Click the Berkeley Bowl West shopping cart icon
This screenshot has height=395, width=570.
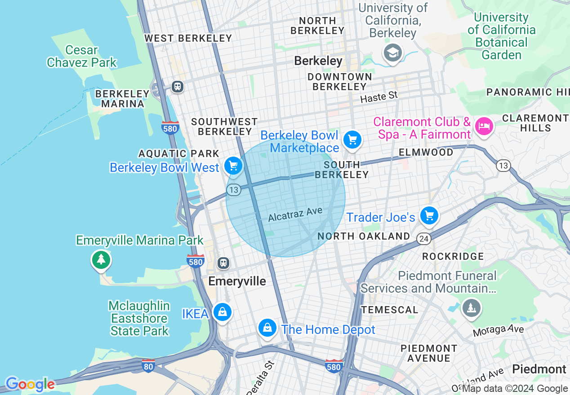(x=233, y=166)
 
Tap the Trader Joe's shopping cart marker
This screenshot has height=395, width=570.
(x=429, y=216)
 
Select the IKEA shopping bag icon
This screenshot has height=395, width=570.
(x=222, y=312)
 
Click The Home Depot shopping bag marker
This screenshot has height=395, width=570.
(x=267, y=328)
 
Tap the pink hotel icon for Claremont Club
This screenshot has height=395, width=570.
(x=484, y=126)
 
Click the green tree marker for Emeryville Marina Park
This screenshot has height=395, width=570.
(x=101, y=259)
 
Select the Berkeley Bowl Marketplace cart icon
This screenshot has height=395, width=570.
(x=352, y=140)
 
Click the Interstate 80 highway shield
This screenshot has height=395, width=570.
(x=149, y=366)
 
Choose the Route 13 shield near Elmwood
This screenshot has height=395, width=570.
(x=503, y=166)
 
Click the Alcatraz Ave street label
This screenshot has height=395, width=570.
(x=295, y=215)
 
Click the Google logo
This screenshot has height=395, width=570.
(x=30, y=384)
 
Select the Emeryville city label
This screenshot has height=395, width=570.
(x=237, y=281)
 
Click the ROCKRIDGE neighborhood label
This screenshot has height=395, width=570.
(x=453, y=256)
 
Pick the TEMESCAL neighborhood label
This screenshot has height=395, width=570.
(x=389, y=310)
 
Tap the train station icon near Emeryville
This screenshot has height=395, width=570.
(x=223, y=263)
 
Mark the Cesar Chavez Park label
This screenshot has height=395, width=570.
(x=81, y=56)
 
